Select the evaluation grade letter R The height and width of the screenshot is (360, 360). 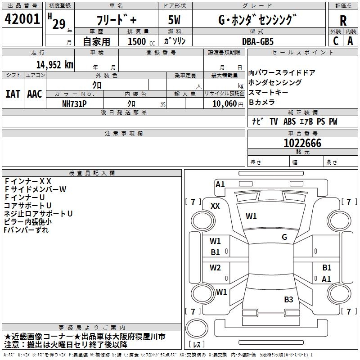pos(343,20)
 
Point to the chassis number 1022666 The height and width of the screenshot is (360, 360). pos(302,144)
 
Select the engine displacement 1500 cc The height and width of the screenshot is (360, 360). pos(139,41)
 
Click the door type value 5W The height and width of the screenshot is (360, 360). pos(175,21)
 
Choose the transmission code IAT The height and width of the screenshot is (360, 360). pos(13,94)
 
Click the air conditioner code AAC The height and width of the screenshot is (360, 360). pos(35,94)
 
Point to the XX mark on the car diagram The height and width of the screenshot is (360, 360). pos(216,206)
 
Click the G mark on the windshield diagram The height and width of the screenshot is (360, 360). pos(284,237)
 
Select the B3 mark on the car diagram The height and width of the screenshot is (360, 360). pos(288,299)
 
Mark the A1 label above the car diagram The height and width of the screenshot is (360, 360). pos(220,184)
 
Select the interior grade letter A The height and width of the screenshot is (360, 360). pos(350,41)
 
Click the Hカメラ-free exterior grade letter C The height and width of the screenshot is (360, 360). pos(336,41)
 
